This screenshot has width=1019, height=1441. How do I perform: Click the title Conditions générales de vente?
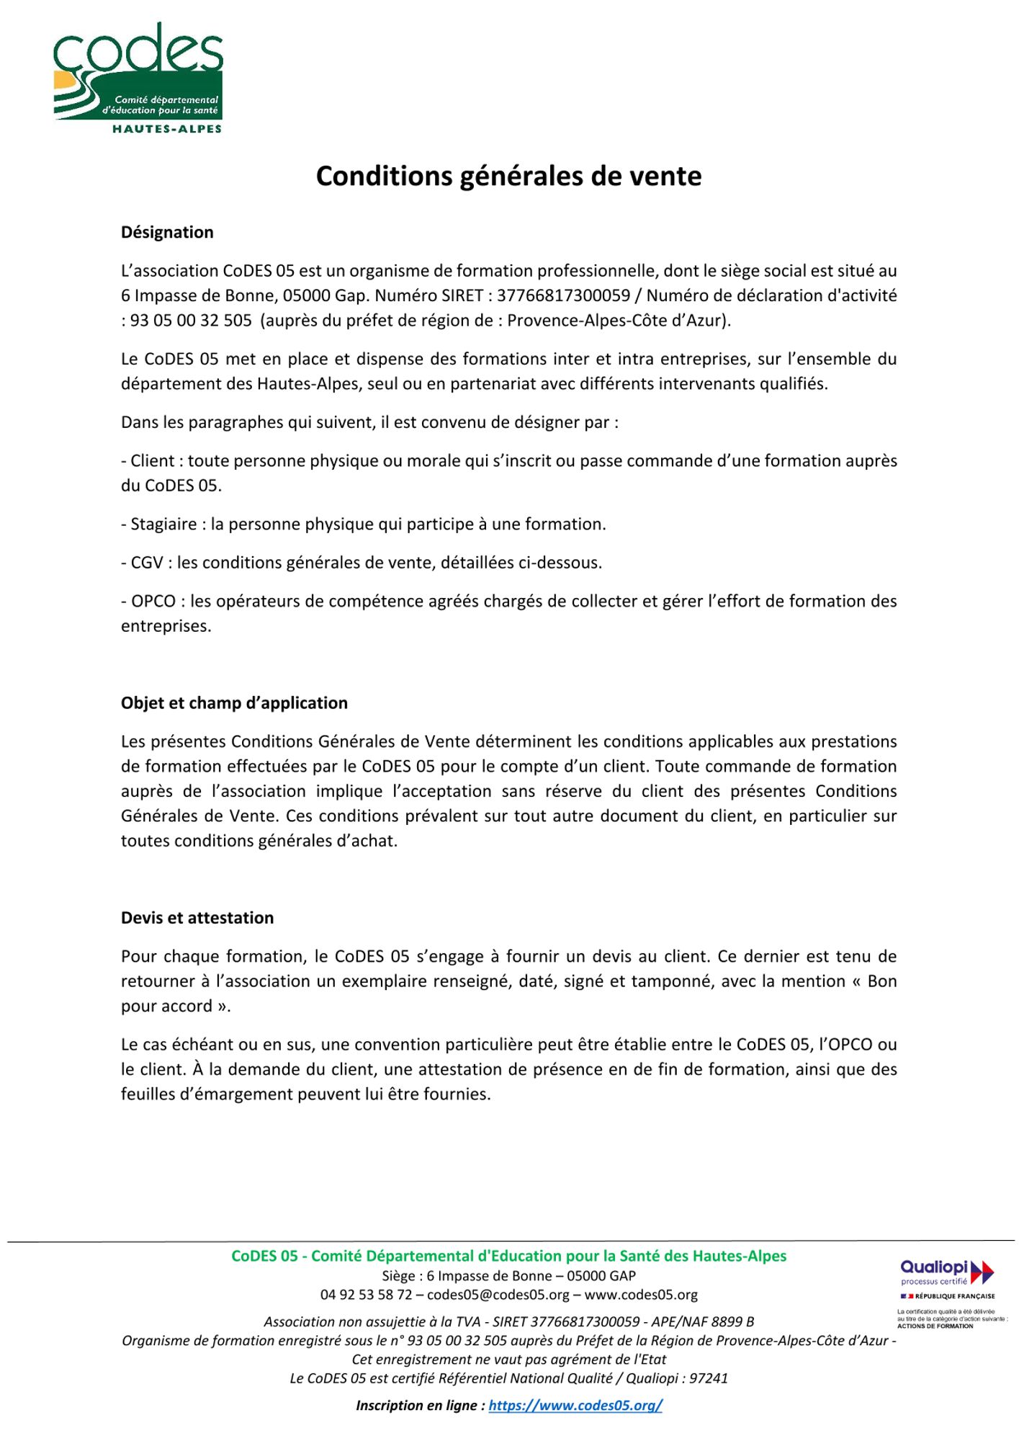[508, 177]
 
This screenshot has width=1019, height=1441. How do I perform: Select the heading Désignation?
[167, 233]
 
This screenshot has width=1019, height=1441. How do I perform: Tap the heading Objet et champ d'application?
[234, 703]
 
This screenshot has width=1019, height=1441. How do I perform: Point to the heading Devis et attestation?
[197, 918]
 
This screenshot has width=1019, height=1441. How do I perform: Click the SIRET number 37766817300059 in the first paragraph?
[563, 295]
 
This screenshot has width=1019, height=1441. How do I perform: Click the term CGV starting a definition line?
[147, 563]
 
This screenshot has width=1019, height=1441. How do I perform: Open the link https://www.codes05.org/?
[575, 1405]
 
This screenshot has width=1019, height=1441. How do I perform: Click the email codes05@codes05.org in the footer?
[498, 1295]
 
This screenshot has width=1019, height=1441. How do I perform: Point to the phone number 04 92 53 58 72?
[366, 1295]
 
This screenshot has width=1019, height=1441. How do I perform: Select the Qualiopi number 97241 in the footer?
[709, 1378]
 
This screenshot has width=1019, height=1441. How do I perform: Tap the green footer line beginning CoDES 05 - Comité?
[508, 1257]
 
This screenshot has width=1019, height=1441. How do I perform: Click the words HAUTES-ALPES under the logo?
[167, 129]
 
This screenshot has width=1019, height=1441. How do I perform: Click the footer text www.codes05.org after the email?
[641, 1295]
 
